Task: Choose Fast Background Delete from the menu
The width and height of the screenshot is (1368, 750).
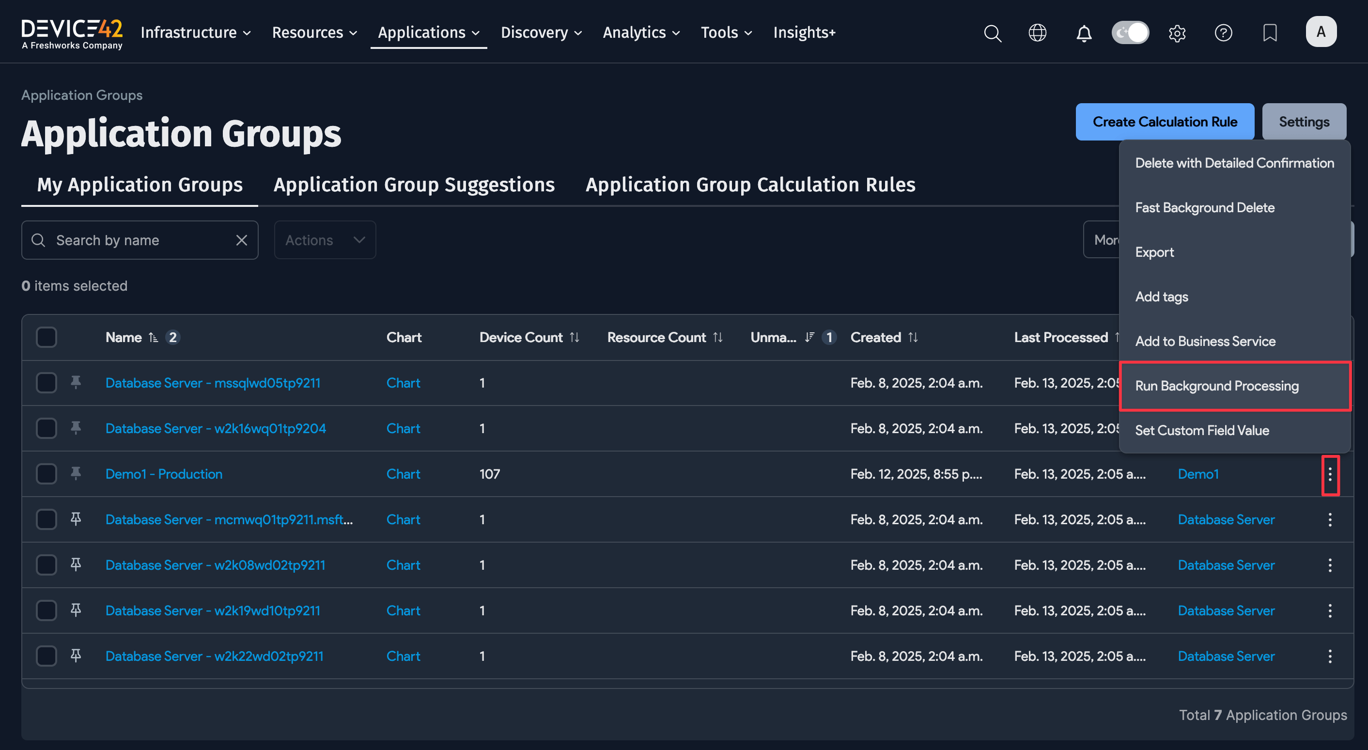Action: tap(1204, 208)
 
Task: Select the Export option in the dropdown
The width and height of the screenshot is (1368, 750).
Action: tap(1154, 252)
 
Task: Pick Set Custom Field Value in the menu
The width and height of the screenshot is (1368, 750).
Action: tap(1202, 431)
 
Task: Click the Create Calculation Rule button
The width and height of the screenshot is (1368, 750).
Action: tap(1165, 122)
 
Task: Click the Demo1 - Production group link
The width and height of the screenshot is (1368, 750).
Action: tap(164, 474)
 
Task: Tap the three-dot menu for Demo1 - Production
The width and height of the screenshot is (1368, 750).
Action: tap(1330, 474)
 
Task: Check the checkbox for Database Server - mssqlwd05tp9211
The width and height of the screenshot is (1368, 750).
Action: tap(46, 383)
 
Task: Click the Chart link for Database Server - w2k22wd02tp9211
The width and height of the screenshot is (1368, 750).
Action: tap(403, 656)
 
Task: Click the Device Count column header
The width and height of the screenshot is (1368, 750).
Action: tap(520, 337)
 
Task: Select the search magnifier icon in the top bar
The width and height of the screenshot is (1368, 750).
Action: tap(992, 33)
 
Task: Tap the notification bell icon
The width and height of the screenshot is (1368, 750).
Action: tap(1084, 33)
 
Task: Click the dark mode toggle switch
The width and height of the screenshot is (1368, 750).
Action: tap(1130, 33)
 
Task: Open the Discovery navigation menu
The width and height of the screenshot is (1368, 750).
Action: tap(541, 33)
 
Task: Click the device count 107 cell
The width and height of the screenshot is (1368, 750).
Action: tap(489, 474)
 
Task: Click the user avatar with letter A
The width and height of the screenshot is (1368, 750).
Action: tap(1321, 32)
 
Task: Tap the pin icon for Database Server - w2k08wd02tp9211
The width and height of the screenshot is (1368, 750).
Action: tap(76, 564)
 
